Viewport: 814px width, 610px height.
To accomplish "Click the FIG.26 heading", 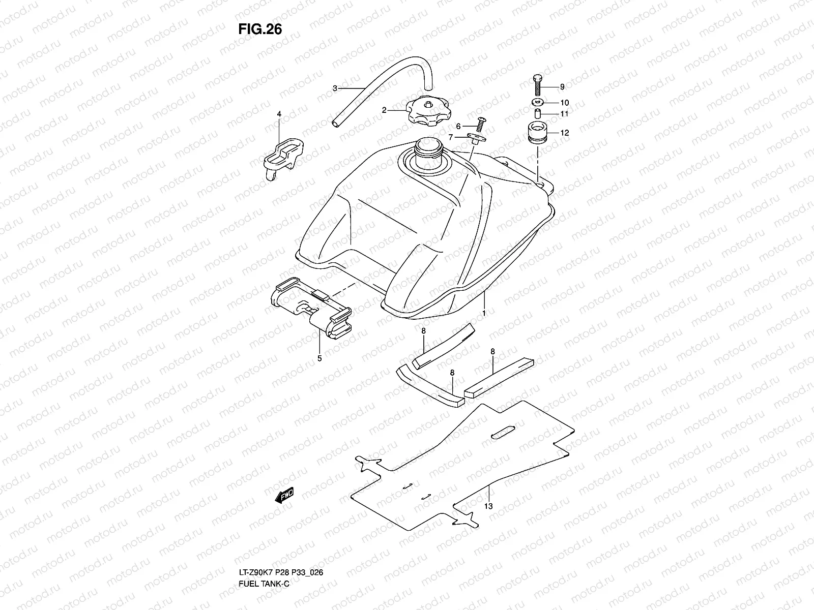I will pos(259,29).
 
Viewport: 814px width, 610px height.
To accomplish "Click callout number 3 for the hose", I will pos(349,88).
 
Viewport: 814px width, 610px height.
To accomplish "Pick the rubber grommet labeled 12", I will pos(538,133).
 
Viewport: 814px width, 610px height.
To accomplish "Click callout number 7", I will pos(450,137).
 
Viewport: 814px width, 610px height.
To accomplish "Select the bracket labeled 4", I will pos(283,155).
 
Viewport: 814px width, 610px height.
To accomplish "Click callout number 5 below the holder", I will pos(319,358).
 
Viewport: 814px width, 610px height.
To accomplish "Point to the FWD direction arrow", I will pos(285,495).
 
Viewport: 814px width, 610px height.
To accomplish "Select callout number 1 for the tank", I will pos(483,314).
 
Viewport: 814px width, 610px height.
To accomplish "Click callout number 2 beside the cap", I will pos(385,109).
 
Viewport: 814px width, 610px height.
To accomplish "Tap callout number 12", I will pos(565,133).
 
